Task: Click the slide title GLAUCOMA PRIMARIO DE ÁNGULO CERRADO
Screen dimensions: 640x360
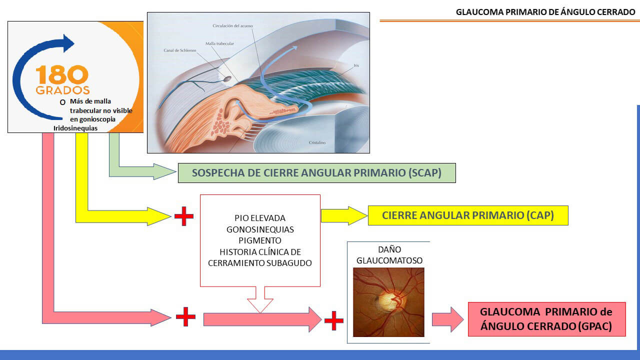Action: (545, 12)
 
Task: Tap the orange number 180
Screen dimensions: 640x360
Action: (62, 74)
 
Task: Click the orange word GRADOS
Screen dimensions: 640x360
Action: (63, 90)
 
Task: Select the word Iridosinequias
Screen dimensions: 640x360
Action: (75, 128)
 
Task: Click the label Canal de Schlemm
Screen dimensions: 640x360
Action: (180, 50)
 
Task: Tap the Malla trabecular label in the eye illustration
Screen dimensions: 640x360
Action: (219, 43)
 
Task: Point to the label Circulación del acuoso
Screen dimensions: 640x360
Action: (232, 25)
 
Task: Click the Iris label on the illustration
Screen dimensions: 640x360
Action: (356, 65)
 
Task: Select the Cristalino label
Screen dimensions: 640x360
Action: (317, 142)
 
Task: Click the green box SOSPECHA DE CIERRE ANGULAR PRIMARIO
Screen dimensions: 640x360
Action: (317, 173)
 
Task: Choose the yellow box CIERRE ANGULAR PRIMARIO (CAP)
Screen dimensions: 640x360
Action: (468, 215)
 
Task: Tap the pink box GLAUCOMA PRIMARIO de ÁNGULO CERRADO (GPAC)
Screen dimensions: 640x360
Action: (547, 319)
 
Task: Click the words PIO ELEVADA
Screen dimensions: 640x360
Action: (260, 218)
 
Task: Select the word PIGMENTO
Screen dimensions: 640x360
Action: (260, 240)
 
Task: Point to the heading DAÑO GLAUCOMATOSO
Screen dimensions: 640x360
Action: (389, 255)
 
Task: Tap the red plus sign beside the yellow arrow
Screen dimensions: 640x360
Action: (184, 216)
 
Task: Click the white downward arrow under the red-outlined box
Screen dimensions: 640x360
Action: (260, 300)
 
